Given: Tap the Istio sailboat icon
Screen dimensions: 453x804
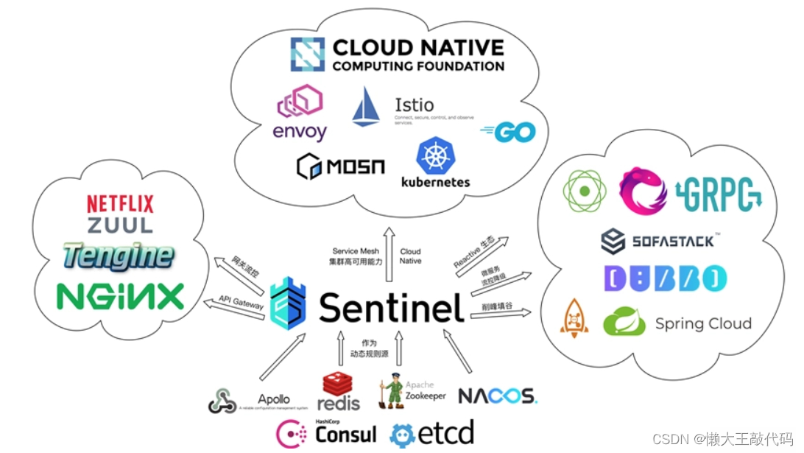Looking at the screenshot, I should (366, 107).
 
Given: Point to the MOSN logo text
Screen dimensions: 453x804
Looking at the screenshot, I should (341, 166).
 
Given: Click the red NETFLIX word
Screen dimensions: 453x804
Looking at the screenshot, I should (120, 204).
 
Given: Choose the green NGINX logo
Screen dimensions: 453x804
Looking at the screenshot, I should (120, 296).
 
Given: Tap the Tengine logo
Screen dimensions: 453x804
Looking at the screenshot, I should (119, 256).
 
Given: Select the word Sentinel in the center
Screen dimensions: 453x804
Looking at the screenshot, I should (392, 307).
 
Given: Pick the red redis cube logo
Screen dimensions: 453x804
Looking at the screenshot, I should (338, 384).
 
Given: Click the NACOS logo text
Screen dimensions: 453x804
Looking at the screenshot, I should (498, 396).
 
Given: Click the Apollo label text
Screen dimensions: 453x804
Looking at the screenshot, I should (273, 399).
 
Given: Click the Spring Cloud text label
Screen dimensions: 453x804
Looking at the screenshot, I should (703, 324).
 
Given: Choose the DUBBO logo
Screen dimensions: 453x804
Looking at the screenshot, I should (666, 278).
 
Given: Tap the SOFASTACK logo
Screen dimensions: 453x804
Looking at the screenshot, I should (659, 241).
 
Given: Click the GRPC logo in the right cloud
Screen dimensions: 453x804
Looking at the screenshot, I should (719, 193).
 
